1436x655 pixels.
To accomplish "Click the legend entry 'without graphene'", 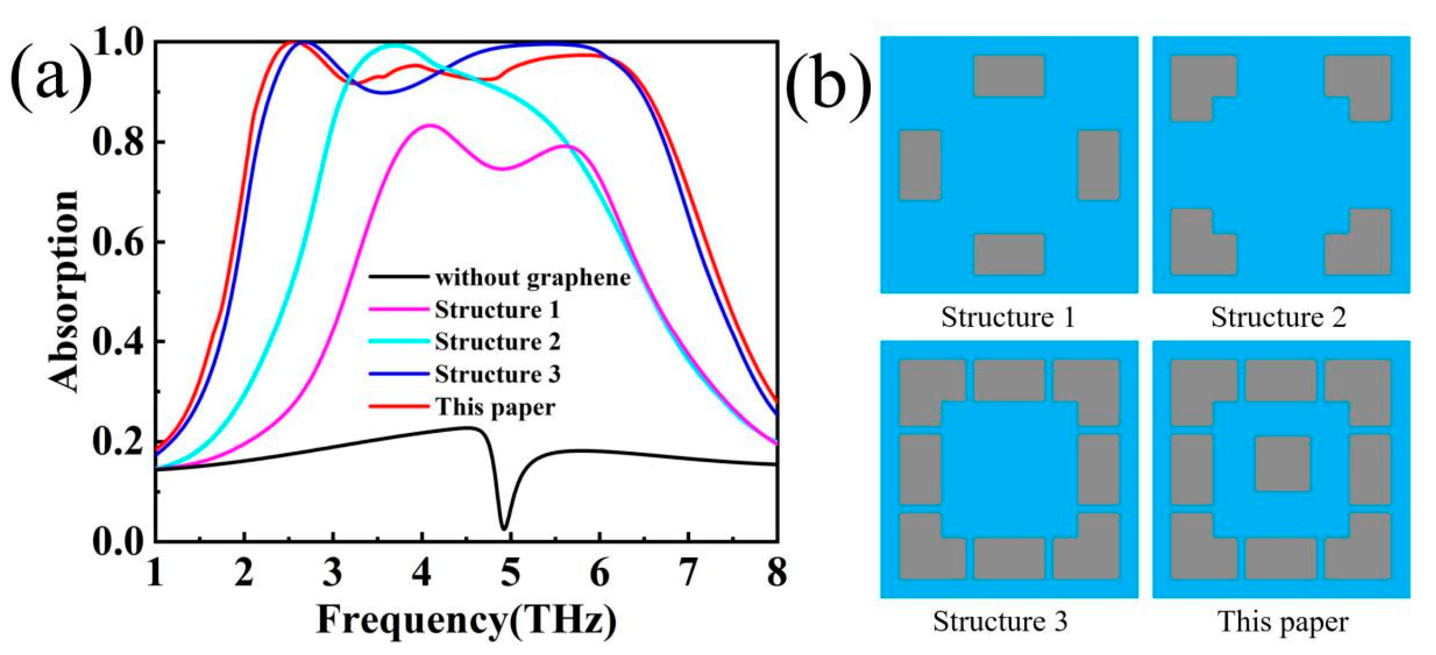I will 532,277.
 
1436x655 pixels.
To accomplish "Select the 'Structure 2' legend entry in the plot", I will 497,342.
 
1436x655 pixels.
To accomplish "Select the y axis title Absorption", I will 64,291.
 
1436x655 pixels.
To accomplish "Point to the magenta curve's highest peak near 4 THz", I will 428,125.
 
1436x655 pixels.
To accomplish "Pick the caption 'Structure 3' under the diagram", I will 1000,622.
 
